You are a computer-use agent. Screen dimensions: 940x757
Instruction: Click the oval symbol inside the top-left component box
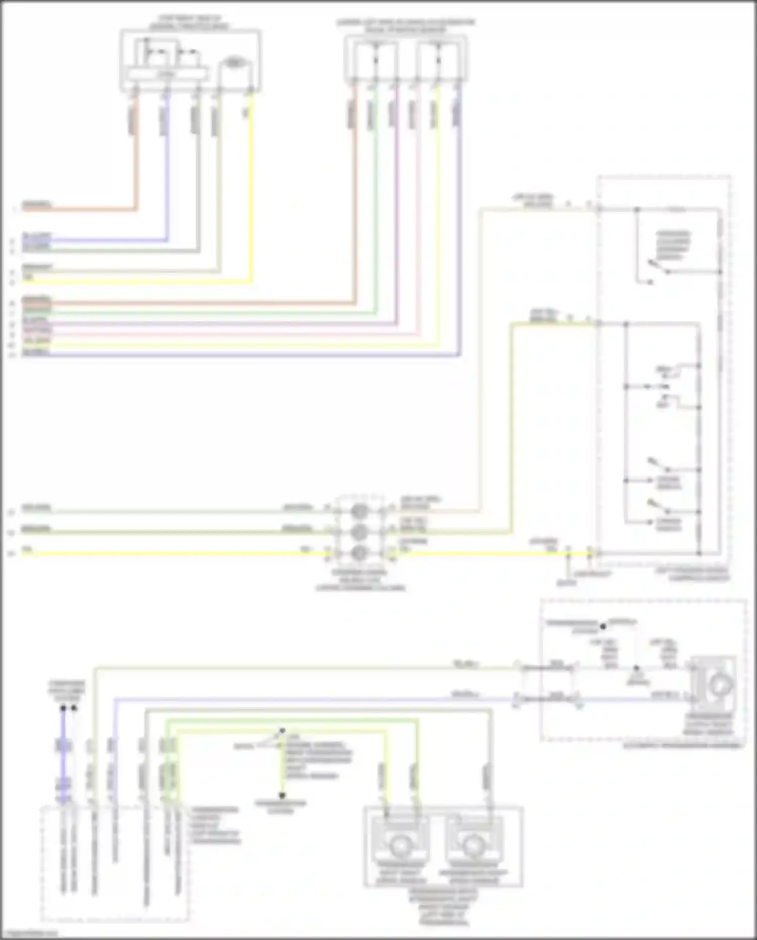[233, 63]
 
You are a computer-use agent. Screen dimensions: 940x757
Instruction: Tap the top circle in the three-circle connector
[359, 511]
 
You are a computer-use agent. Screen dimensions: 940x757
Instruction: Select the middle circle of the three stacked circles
[359, 531]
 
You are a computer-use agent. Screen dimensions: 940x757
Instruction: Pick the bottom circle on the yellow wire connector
[359, 553]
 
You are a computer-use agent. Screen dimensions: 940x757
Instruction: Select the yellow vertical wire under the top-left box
[251, 192]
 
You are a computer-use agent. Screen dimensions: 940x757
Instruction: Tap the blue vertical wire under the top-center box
[460, 227]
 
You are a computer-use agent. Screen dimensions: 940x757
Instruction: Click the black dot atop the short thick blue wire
[63, 708]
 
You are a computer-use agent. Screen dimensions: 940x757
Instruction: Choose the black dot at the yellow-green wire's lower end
[282, 795]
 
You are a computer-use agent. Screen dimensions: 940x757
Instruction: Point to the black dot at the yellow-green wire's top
[282, 731]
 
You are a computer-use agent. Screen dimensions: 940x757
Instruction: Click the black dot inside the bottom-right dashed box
[603, 627]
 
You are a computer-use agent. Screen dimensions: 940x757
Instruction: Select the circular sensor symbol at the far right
[720, 685]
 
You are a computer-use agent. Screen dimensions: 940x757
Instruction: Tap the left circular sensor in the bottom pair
[399, 845]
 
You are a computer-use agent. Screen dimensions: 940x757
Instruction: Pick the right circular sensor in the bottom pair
[473, 845]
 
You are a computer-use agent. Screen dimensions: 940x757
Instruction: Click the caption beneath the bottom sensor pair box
[443, 907]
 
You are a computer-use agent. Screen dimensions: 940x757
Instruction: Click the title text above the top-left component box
[190, 23]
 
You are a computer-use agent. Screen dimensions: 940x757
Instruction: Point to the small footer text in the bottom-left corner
[29, 933]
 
